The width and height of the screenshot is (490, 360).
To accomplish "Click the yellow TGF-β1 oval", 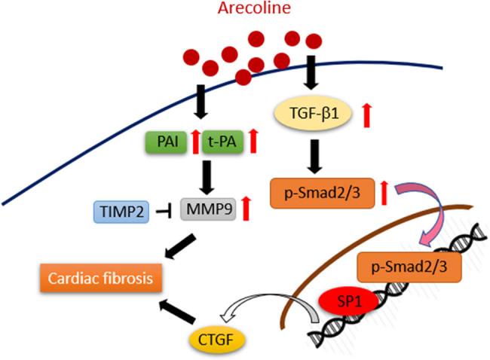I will [313, 115].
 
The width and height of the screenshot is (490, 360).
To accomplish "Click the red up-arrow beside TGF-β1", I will [366, 115].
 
